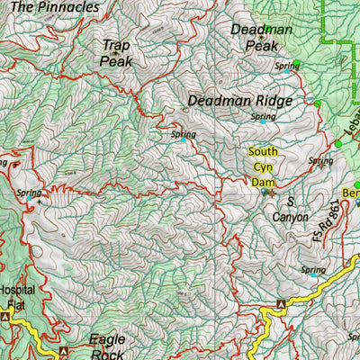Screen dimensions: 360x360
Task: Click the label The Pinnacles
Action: pos(55,6)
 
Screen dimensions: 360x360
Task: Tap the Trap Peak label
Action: pos(116,52)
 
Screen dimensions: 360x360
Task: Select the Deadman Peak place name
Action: pos(262,37)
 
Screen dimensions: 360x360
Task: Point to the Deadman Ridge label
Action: pos(240,102)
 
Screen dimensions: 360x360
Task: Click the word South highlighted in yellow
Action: pos(263,151)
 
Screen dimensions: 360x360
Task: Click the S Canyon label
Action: pos(291,209)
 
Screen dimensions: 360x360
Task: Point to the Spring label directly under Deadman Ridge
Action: pos(264,116)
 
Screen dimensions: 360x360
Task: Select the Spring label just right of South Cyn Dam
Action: pos(319,161)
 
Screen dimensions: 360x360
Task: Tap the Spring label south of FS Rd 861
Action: pos(313,269)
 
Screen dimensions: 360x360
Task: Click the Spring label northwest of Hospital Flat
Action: pos(29,192)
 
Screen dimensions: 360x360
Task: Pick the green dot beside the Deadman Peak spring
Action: pos(297,64)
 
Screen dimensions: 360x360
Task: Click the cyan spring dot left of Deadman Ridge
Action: pos(184,139)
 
